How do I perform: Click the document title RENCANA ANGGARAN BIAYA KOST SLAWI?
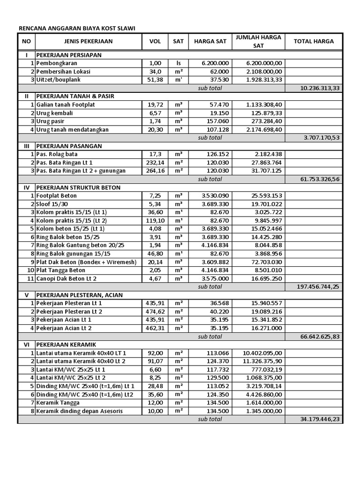76,28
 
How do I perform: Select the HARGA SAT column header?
210,41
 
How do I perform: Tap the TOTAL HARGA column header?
314,41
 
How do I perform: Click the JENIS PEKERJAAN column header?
89,41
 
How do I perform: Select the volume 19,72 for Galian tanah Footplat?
155,105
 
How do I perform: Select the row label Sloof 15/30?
53,204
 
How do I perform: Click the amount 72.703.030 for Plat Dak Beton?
266,262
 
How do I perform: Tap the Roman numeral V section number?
27,295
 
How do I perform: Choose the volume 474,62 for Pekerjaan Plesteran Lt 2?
155,311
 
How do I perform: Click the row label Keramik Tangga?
58,403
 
